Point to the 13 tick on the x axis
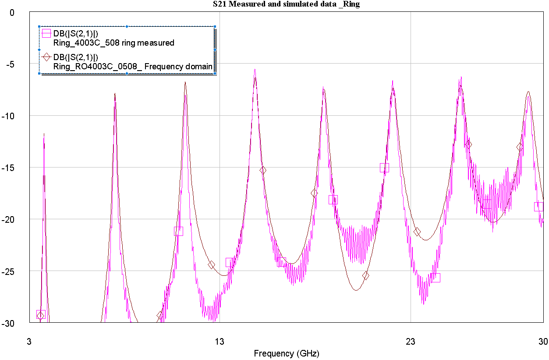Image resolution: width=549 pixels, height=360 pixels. tap(219, 340)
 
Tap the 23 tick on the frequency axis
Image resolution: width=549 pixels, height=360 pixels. tap(411, 340)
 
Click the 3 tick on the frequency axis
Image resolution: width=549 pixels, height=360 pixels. tap(30, 340)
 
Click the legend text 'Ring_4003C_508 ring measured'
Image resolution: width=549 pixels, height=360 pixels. tap(114, 43)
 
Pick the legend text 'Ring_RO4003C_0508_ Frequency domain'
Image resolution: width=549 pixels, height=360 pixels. tap(133, 67)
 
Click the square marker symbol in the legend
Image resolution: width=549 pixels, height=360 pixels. tap(46, 33)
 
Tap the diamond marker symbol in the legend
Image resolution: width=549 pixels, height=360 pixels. tap(46, 57)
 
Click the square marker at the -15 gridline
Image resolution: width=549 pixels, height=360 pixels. tap(384, 168)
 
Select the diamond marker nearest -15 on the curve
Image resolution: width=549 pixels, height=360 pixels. tap(262, 170)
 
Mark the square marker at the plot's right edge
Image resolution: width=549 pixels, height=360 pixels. tap(538, 207)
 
